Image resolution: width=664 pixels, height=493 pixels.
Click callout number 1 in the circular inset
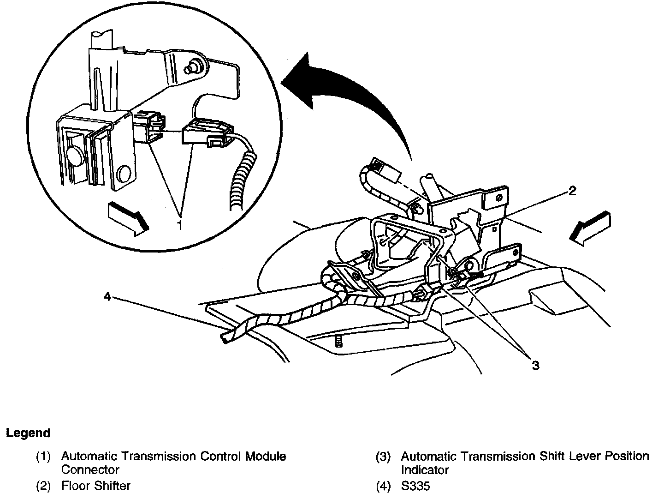coord(180,225)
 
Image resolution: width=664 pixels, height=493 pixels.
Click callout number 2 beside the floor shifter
coord(572,191)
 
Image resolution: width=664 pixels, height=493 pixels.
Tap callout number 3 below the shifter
coord(535,366)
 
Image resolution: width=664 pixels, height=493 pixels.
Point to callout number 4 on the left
coord(107,297)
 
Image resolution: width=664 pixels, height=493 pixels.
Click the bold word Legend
coord(28,433)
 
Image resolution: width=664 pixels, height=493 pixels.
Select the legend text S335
coord(415,486)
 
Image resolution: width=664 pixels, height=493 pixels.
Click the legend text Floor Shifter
coord(96,486)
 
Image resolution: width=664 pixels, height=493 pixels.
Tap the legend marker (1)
coord(43,457)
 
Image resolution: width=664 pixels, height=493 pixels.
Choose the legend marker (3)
coord(383,457)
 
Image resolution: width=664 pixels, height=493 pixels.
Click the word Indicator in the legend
coord(425,470)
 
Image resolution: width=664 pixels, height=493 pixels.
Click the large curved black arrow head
coord(300,76)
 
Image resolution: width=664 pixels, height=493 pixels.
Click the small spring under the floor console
coord(339,342)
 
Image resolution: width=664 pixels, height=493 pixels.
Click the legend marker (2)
coord(43,486)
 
